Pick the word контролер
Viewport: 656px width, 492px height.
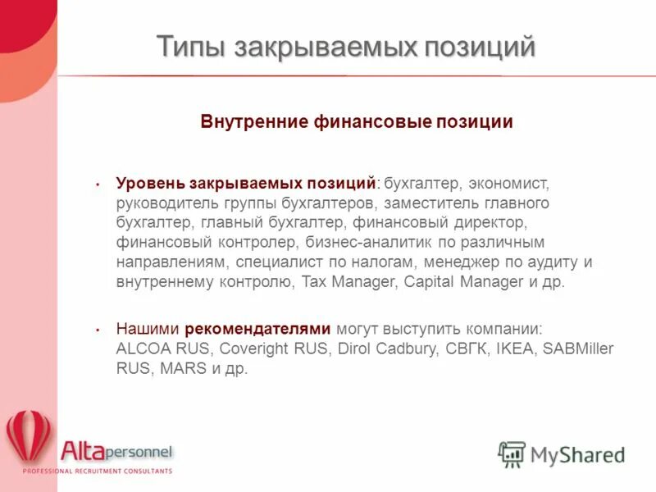[259, 243]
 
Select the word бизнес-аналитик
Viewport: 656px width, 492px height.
[362, 243]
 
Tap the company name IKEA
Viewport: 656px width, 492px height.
[516, 348]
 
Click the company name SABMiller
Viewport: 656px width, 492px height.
[578, 348]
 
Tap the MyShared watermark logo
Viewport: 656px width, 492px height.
[562, 453]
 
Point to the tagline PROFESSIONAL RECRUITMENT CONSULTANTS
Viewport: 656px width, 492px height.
[97, 471]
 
